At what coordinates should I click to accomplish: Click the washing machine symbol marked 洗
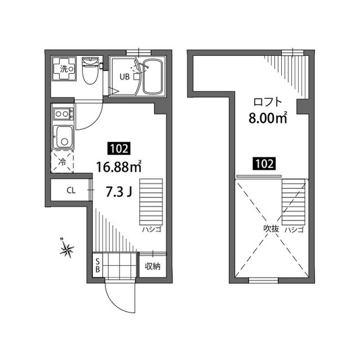[x=63, y=69]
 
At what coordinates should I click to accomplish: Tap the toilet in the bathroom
[x=89, y=71]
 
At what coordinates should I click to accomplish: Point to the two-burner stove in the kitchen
[x=63, y=115]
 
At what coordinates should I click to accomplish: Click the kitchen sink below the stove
[x=63, y=136]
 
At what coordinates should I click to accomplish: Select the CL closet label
[x=71, y=190]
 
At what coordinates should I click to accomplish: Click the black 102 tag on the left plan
[x=119, y=149]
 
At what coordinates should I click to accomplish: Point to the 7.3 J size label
[x=119, y=192]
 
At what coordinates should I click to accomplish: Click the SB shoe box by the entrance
[x=97, y=265]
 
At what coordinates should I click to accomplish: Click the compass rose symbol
[x=68, y=248]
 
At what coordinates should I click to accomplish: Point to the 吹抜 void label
[x=271, y=230]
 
